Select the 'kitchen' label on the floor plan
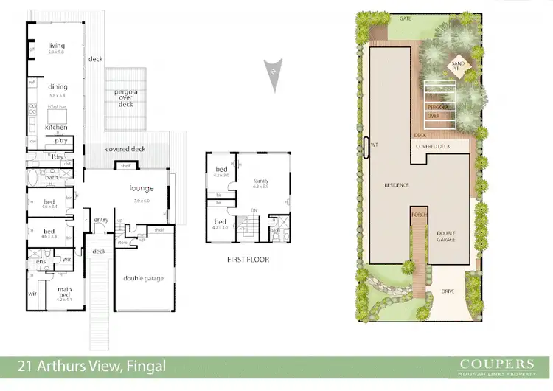[57, 127]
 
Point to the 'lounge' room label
[141, 187]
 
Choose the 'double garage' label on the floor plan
[144, 278]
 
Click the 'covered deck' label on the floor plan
[125, 149]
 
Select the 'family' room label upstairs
[260, 181]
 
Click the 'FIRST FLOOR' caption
[248, 260]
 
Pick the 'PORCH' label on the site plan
[417, 216]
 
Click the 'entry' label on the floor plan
[101, 219]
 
